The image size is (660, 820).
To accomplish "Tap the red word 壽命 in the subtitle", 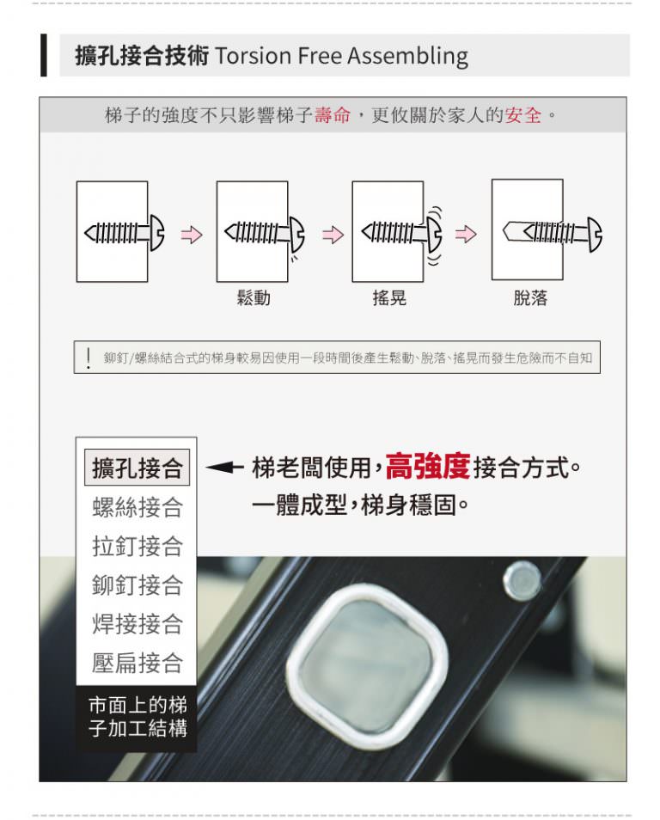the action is tap(333, 114).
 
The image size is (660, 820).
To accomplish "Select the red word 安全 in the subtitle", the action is tap(523, 114).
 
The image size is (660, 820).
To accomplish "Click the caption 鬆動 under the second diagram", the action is tap(254, 297).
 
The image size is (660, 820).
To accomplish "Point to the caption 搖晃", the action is tap(389, 297).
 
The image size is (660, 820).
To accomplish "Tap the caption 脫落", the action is tap(530, 297).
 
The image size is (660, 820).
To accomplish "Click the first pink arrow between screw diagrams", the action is tap(192, 235).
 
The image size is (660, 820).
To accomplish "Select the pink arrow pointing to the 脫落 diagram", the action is tap(466, 235).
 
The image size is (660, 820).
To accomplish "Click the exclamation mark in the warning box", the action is tap(89, 358).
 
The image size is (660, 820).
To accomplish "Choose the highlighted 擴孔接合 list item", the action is tap(137, 467).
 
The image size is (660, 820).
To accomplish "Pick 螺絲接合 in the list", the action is tap(137, 507).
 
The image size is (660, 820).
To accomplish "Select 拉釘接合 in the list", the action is tap(137, 546).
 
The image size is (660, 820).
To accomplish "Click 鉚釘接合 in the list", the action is tap(137, 584).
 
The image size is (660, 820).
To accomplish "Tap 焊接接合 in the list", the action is tap(137, 623).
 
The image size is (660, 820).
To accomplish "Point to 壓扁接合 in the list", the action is tap(137, 662).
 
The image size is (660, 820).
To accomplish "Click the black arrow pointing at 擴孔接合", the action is tap(224, 467).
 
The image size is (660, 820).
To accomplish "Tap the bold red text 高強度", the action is tap(428, 466).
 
